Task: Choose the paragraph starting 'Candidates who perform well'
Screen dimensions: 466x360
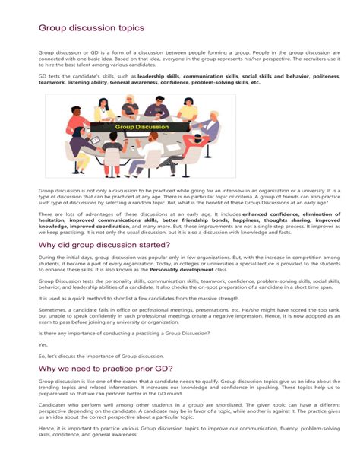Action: (179, 414)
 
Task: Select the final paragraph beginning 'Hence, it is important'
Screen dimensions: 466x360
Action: (179, 436)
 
